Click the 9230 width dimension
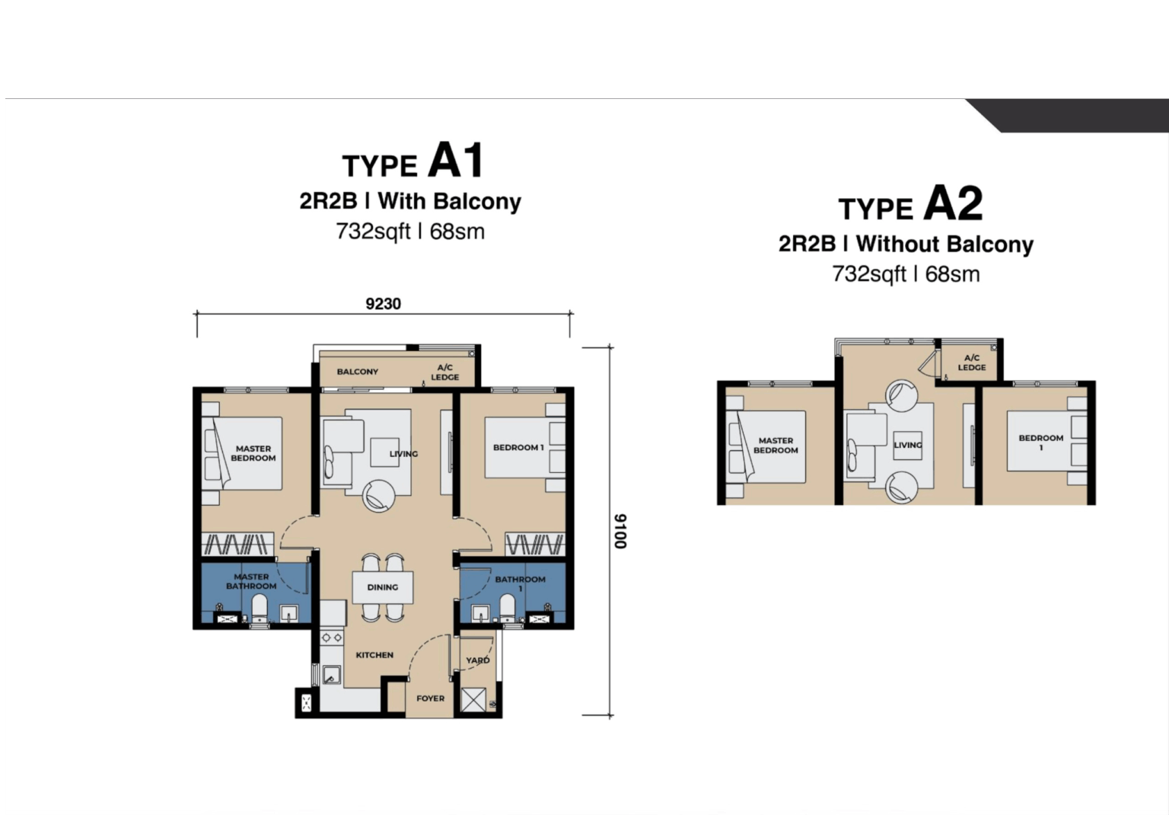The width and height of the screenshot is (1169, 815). (383, 304)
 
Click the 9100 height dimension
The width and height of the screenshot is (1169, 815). (620, 531)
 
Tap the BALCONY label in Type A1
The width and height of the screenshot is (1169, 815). (358, 372)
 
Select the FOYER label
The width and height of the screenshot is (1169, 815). (431, 698)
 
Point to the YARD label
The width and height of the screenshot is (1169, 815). (477, 660)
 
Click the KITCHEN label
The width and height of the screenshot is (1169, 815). (374, 654)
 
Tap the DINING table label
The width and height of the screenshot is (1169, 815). (383, 587)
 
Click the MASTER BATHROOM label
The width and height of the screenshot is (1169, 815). (251, 581)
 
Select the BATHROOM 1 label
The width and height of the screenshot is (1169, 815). (521, 583)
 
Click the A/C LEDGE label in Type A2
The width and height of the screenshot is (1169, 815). (972, 363)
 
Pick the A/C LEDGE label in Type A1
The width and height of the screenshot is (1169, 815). (445, 372)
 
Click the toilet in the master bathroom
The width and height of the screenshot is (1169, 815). (260, 609)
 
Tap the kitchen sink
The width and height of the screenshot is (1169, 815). (331, 675)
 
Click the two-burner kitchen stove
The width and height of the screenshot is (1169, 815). (331, 638)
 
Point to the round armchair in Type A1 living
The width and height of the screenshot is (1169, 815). (379, 496)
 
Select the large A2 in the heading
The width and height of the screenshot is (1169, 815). (953, 203)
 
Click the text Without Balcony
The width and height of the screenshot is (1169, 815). (944, 244)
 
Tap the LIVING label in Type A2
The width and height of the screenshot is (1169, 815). (907, 445)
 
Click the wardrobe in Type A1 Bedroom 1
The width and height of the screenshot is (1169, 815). (535, 545)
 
